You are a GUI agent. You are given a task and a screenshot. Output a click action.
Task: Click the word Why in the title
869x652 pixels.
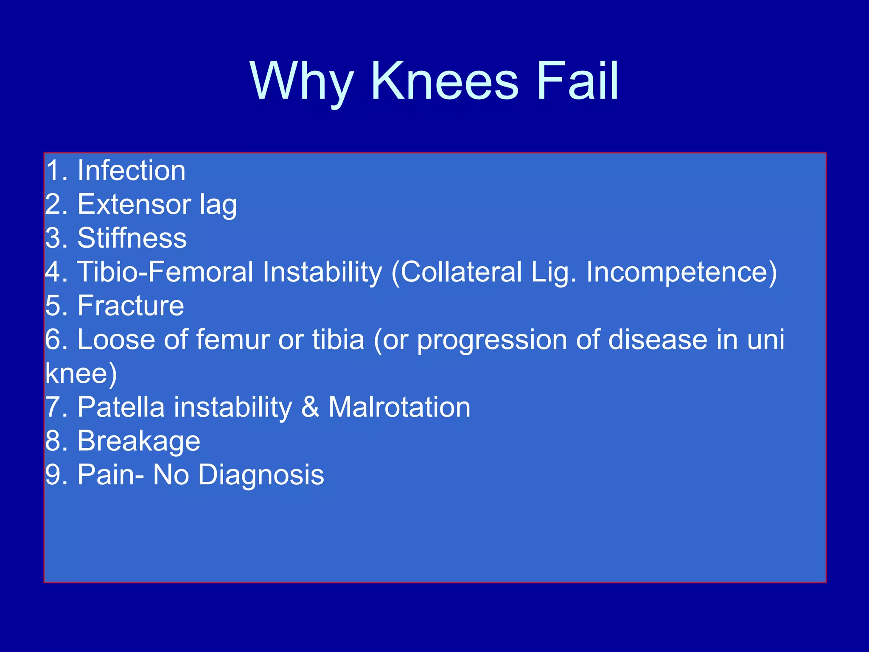[302, 81]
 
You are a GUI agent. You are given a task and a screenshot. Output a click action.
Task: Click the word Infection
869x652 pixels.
[131, 171]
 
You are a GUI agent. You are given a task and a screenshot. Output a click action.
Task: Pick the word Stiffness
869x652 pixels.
[132, 238]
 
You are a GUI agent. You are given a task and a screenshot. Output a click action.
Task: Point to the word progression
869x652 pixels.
[492, 340]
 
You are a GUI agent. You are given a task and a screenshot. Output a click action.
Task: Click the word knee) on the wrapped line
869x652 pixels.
[81, 374]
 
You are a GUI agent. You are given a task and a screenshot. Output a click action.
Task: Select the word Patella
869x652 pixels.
[121, 407]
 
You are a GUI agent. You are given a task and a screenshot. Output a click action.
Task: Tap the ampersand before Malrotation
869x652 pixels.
[310, 407]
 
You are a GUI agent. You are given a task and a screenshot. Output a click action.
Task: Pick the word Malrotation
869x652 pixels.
[399, 407]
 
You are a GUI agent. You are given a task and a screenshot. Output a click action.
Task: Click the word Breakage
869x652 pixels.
[139, 441]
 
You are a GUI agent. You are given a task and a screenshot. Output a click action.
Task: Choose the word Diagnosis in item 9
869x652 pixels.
[261, 475]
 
